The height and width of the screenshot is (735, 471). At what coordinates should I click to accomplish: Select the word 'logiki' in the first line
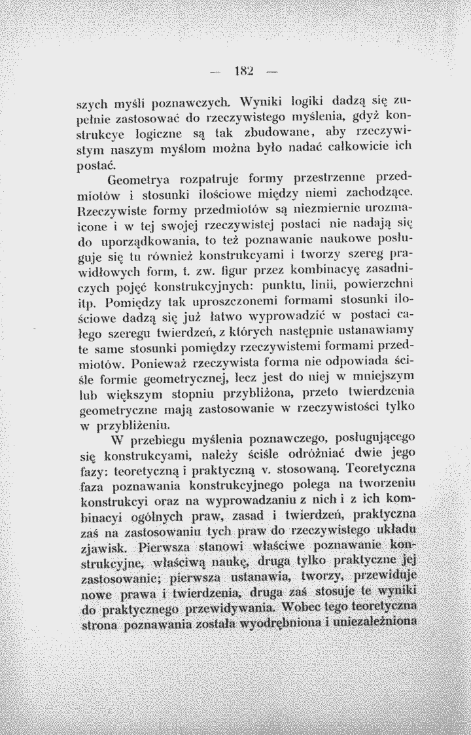tap(273, 101)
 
